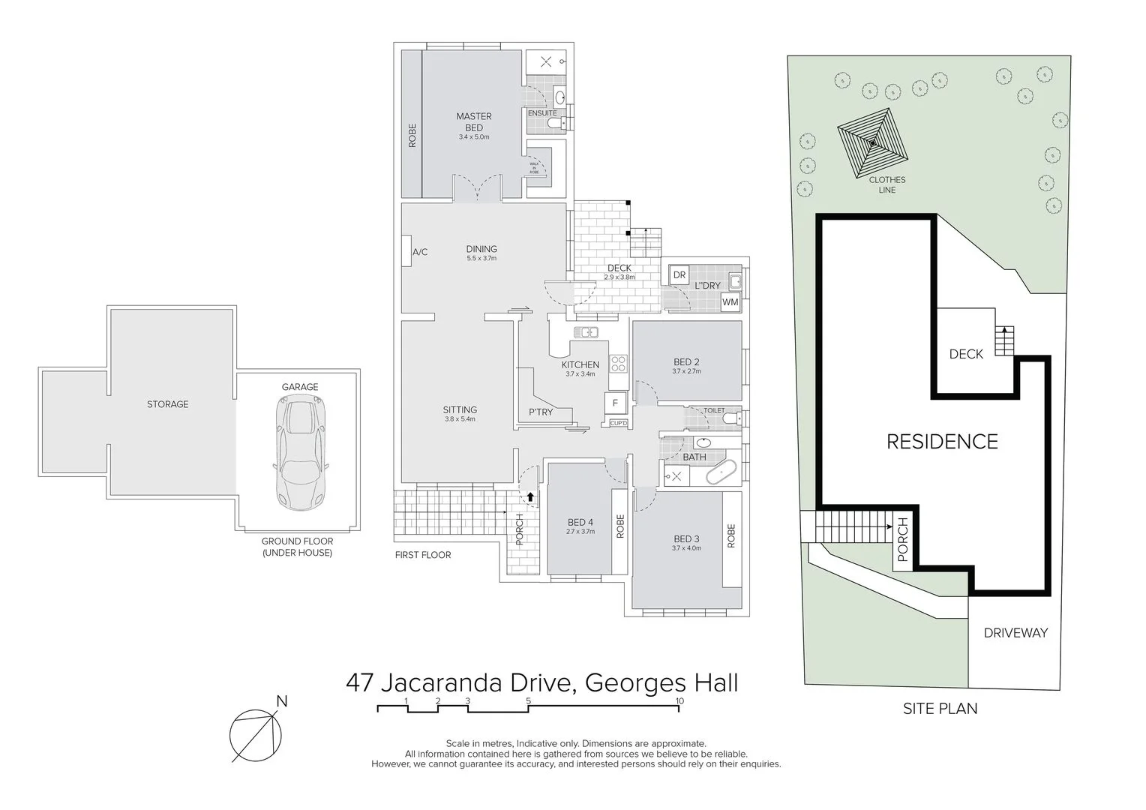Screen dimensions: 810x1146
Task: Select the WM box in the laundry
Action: [730, 302]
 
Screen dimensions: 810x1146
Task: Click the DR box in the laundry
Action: [679, 275]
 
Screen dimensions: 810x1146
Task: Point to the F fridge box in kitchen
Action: [615, 403]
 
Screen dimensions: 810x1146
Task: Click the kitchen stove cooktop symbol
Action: [618, 364]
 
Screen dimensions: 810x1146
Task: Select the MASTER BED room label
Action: [474, 122]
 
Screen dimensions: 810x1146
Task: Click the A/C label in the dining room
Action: [420, 252]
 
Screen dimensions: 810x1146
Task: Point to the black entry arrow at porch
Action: [531, 496]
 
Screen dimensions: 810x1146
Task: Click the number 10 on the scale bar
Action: [679, 701]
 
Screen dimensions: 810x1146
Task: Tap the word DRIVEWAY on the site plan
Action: [1015, 633]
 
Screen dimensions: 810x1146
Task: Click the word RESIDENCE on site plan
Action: [942, 442]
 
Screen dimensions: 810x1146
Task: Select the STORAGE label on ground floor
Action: [167, 404]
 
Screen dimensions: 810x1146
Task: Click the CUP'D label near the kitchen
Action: [619, 424]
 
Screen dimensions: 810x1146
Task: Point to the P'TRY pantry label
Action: [541, 412]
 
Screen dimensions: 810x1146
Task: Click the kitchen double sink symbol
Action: [586, 332]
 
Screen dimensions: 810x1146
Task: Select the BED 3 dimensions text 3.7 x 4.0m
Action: [686, 548]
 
